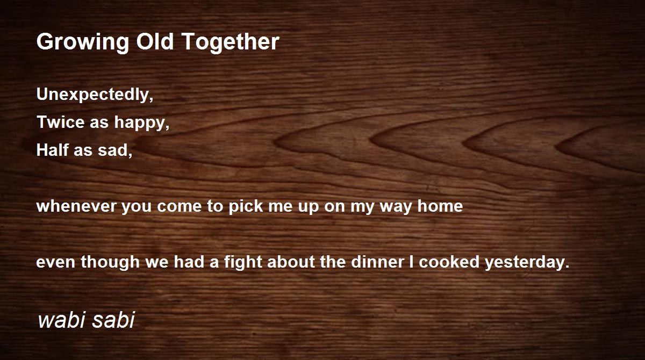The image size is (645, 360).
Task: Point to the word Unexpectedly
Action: [x=95, y=95]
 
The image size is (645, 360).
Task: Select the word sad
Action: [x=114, y=150]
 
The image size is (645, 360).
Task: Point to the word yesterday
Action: [x=527, y=263]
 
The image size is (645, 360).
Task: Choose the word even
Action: [x=52, y=263]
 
